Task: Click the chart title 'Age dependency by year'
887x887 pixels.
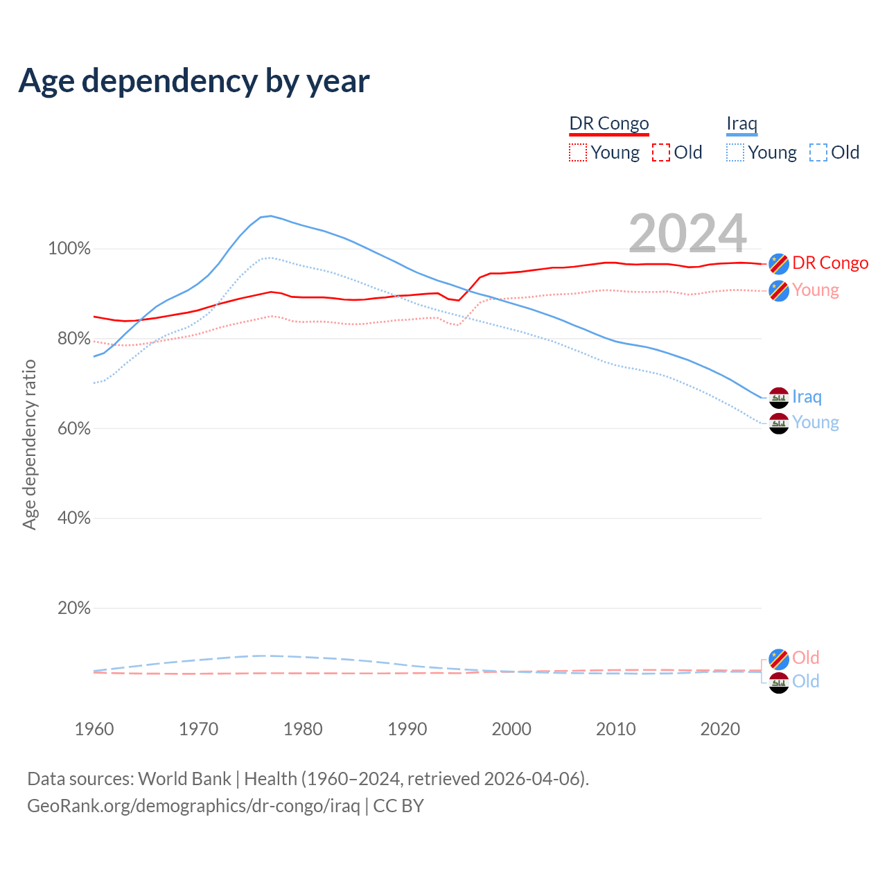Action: point(194,80)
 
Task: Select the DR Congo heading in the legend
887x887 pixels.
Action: point(609,123)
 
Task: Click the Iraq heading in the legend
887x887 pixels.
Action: point(741,123)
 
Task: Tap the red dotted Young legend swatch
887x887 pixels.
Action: point(578,152)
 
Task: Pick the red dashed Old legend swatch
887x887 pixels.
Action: point(661,152)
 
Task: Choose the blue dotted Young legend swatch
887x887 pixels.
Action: point(735,152)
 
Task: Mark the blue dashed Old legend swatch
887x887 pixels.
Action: point(818,152)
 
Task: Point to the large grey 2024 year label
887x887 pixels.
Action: point(687,234)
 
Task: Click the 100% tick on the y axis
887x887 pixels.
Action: point(69,249)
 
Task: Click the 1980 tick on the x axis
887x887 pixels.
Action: point(303,729)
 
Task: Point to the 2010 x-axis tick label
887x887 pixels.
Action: point(616,729)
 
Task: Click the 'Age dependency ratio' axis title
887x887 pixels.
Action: point(29,444)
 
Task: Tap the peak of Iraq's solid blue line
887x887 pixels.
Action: point(270,216)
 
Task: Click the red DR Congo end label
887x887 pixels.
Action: point(830,263)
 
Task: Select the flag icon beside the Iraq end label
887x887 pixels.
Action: point(779,398)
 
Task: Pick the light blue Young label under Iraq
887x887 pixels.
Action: point(816,423)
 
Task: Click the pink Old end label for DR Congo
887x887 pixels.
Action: point(806,658)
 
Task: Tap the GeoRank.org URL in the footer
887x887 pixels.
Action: point(193,806)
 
